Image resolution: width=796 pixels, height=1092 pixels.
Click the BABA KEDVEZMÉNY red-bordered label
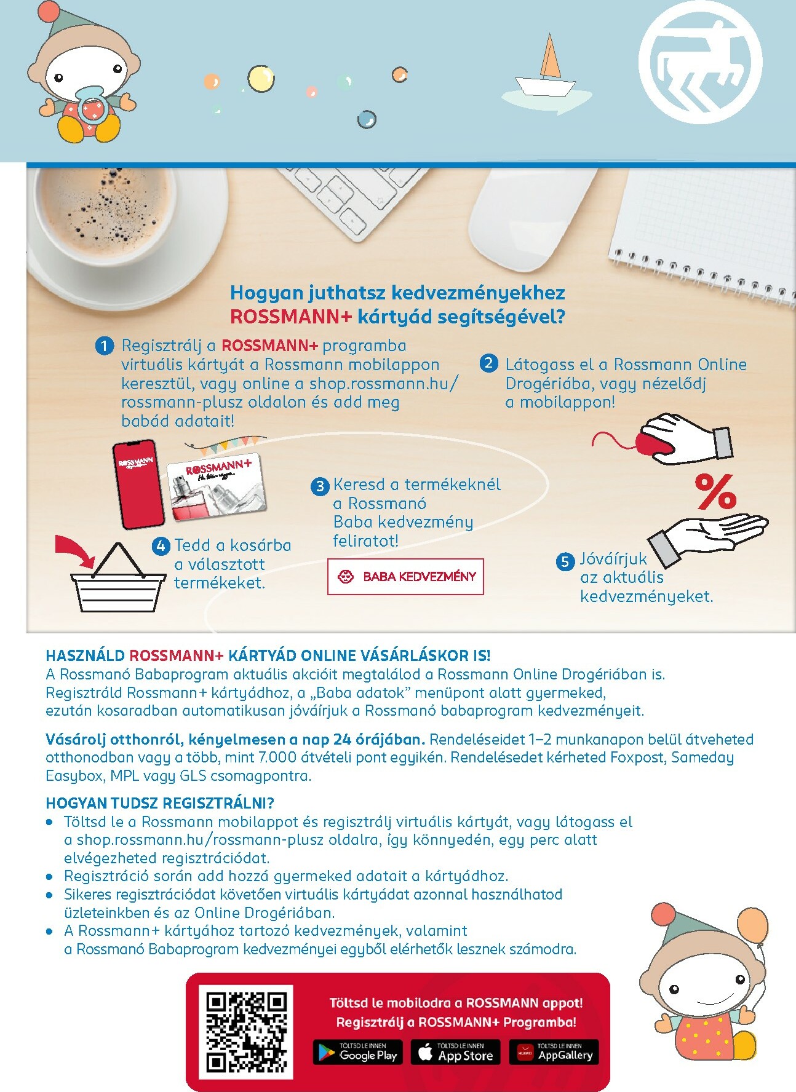pos(405,576)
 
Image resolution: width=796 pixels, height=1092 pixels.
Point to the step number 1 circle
pos(105,346)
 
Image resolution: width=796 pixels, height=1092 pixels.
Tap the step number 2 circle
pos(488,363)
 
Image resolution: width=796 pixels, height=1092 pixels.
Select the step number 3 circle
pos(320,486)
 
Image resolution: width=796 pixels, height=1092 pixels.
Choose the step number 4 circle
pos(161,546)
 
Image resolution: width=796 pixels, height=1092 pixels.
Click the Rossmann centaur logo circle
pos(701,62)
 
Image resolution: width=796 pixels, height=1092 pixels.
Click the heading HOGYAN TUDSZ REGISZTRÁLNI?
pos(160,803)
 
